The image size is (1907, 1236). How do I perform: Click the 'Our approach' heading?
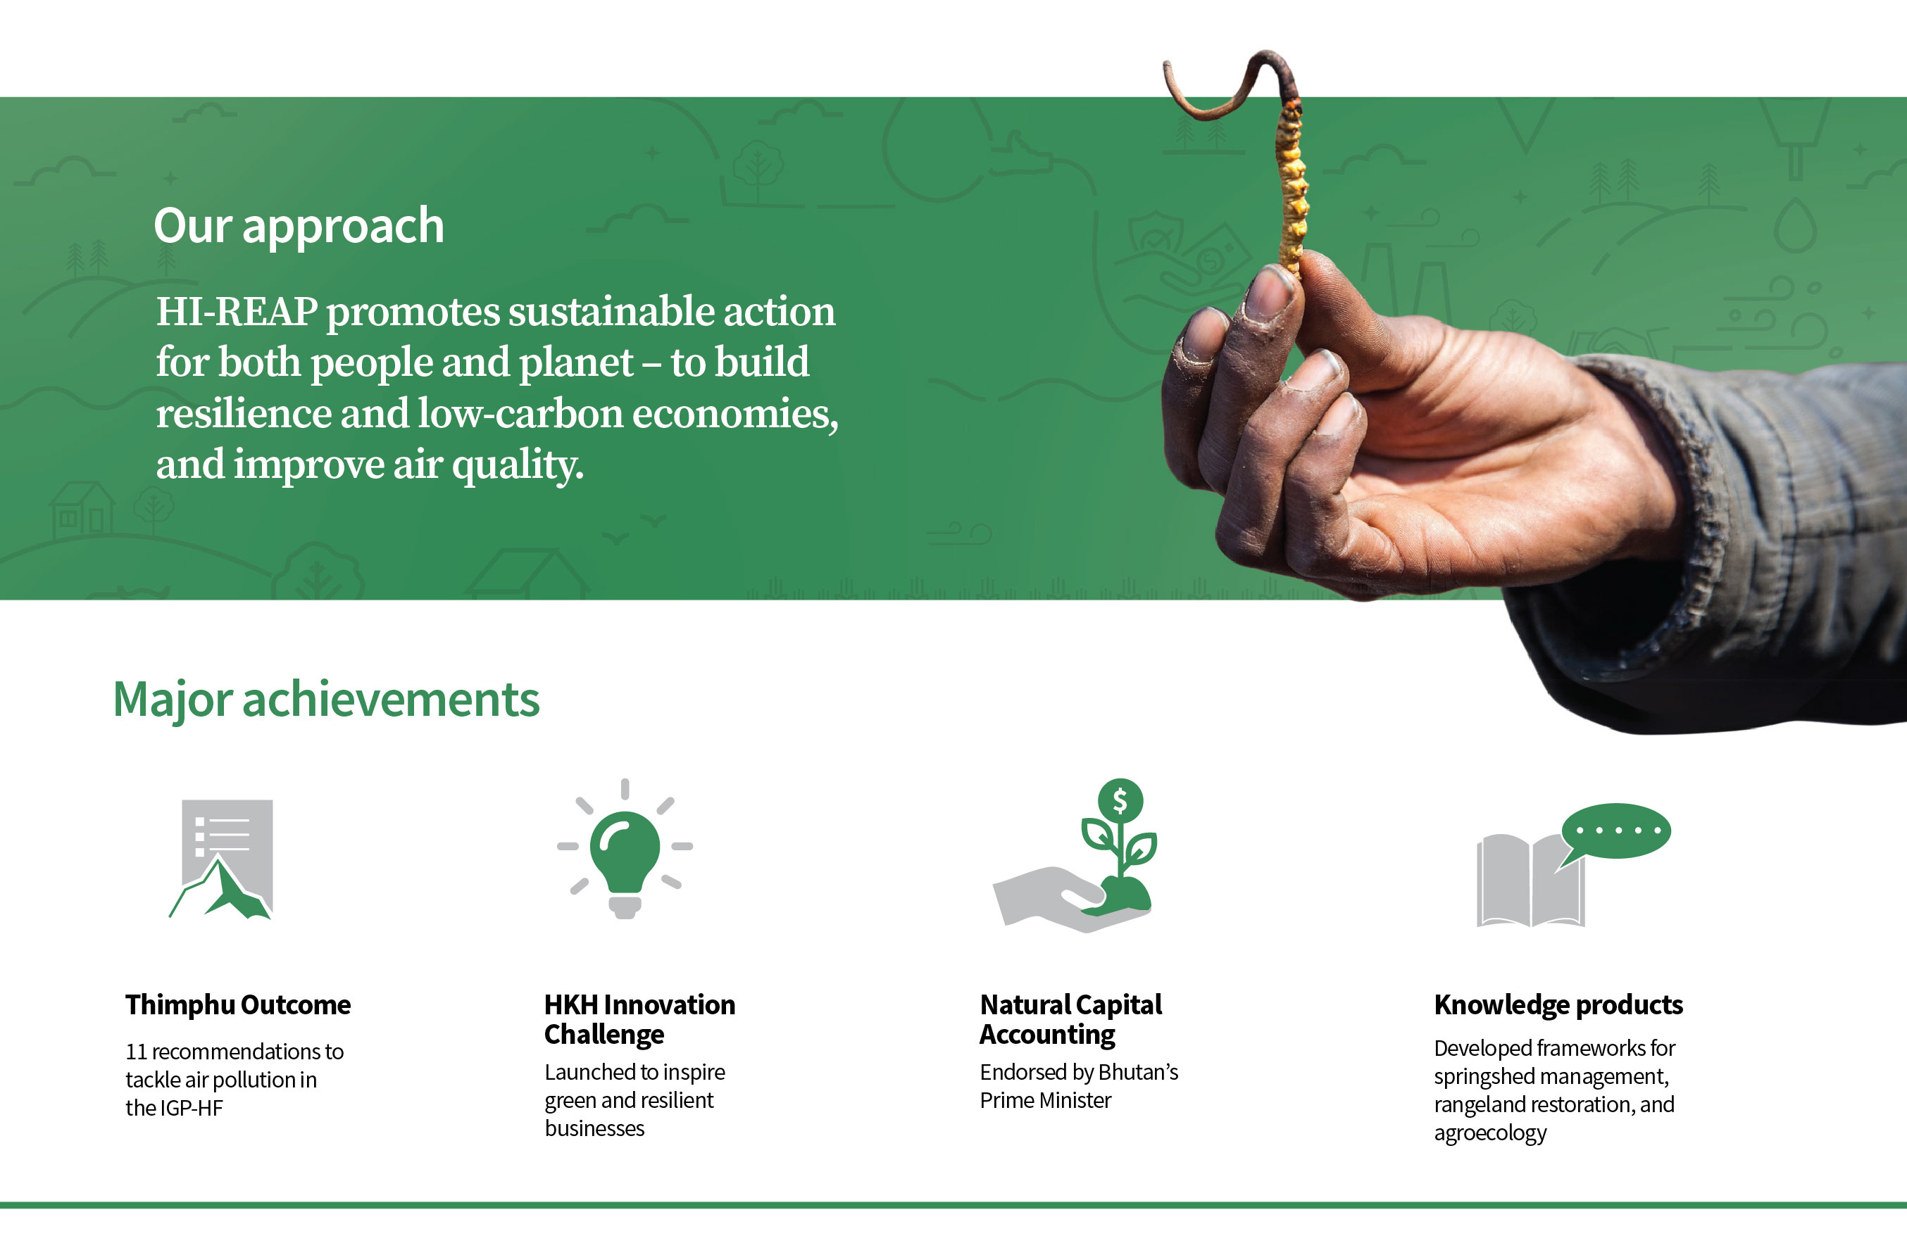(299, 227)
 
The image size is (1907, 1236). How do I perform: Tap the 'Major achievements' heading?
(326, 700)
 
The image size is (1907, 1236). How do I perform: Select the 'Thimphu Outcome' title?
(238, 1004)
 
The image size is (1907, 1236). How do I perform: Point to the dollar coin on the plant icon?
(1120, 800)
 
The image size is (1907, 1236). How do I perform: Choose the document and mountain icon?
(221, 859)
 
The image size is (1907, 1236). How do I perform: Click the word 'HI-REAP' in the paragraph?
(237, 311)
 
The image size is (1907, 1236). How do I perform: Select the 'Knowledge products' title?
(1558, 1004)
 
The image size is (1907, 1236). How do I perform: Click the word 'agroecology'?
(1490, 1134)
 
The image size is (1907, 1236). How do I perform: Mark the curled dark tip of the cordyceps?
(1226, 84)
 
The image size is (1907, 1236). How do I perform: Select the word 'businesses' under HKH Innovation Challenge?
(594, 1129)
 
